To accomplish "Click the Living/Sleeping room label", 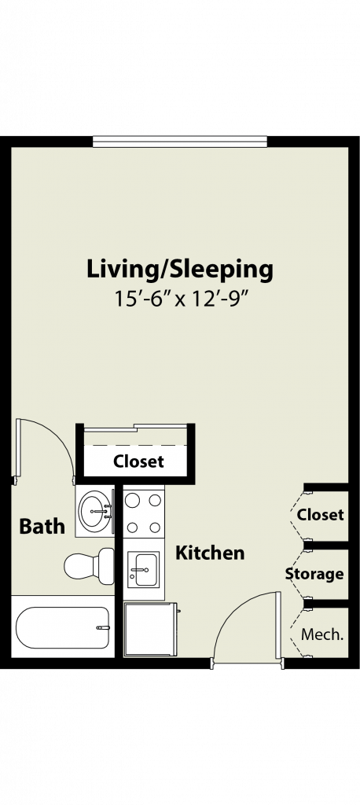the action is pyautogui.click(x=179, y=270).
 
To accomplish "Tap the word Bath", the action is pyautogui.click(x=42, y=526).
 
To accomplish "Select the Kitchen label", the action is pyautogui.click(x=210, y=553).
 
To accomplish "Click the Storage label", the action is pyautogui.click(x=314, y=573).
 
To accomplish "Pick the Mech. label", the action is pyautogui.click(x=322, y=634).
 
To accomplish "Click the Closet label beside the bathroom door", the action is pyautogui.click(x=138, y=461).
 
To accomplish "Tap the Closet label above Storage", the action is pyautogui.click(x=321, y=514).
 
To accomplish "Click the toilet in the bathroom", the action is pyautogui.click(x=90, y=566).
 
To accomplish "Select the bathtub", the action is pyautogui.click(x=63, y=627).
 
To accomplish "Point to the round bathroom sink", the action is pyautogui.click(x=94, y=511).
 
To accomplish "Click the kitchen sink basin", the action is pyautogui.click(x=144, y=569).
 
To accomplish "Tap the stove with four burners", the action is pyautogui.click(x=144, y=513).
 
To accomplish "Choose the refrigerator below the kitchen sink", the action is pyautogui.click(x=150, y=629).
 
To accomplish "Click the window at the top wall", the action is pyautogui.click(x=180, y=142).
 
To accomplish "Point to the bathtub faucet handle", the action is pyautogui.click(x=103, y=627).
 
